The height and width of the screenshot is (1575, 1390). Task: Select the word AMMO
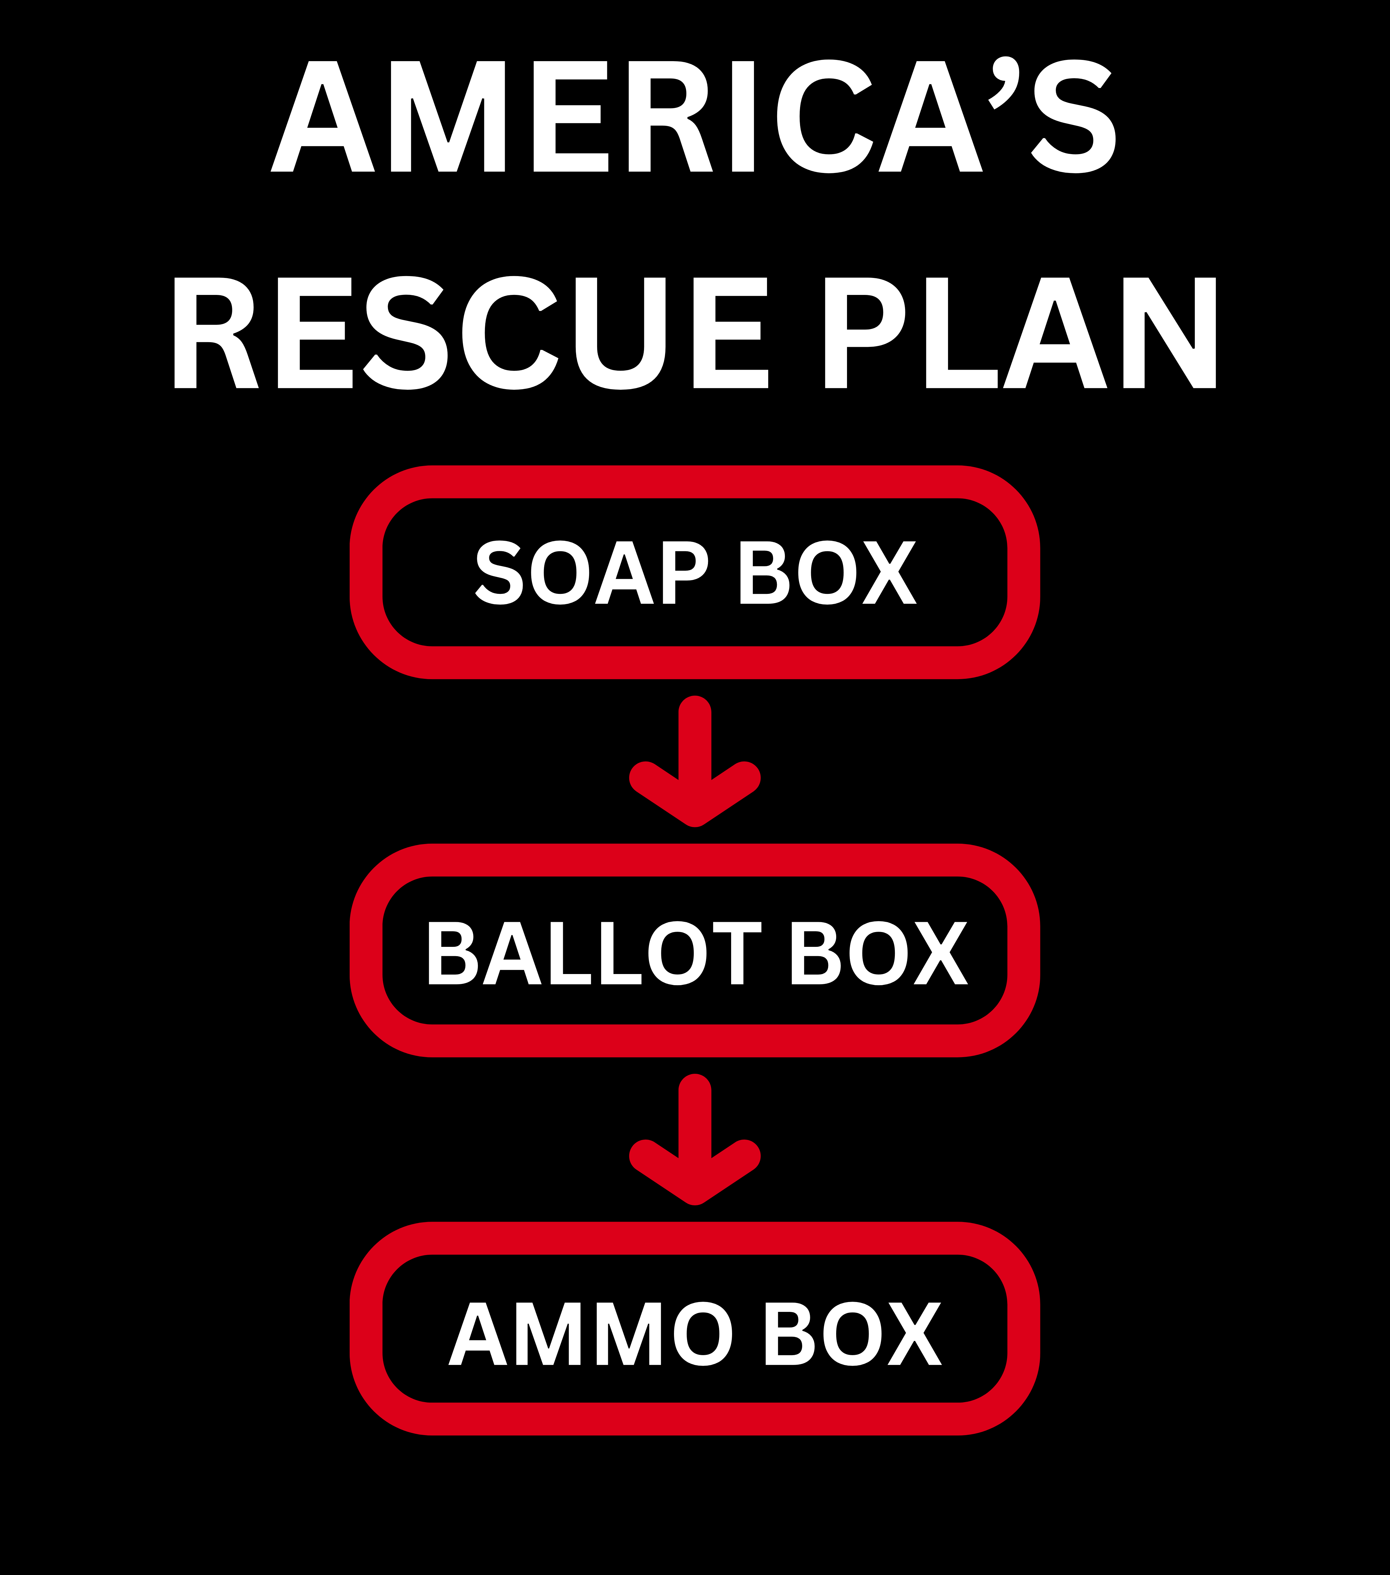click(x=591, y=1333)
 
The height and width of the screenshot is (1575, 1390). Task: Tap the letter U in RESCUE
click(x=620, y=333)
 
